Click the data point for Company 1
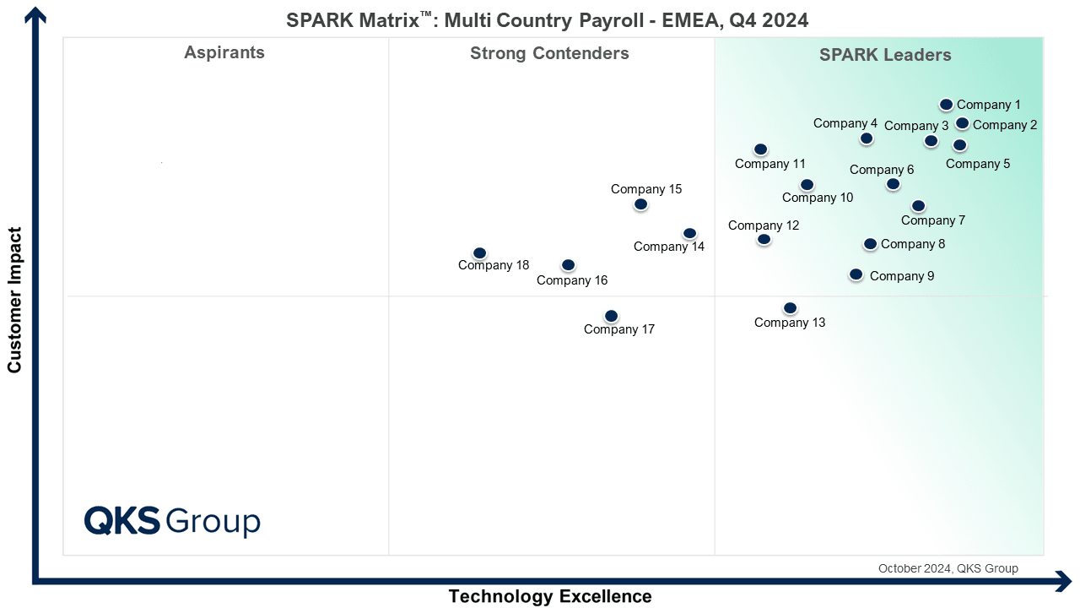coord(946,104)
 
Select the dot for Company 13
coord(790,308)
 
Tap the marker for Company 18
coord(479,252)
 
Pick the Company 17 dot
coord(611,316)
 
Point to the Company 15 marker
coord(640,204)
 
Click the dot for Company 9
coord(856,274)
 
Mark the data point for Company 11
coord(760,149)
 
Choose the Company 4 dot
coord(867,138)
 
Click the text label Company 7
coord(933,220)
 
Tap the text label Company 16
coord(572,280)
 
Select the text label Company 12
coord(764,225)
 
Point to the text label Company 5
coord(978,164)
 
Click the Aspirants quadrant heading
coord(224,52)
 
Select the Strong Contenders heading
coord(549,53)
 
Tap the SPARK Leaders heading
coord(885,55)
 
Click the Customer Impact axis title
coord(14,300)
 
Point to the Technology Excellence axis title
coord(550,596)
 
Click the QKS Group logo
coord(172,521)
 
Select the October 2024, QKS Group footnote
coord(948,568)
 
